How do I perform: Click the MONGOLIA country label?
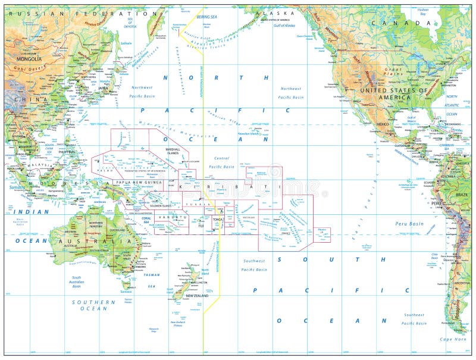click(x=28, y=59)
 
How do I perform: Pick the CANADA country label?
click(x=411, y=23)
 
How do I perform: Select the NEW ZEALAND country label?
click(x=196, y=296)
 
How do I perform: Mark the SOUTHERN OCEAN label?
click(x=93, y=305)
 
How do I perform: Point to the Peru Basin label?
click(x=409, y=224)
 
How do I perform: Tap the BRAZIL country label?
click(x=462, y=195)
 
